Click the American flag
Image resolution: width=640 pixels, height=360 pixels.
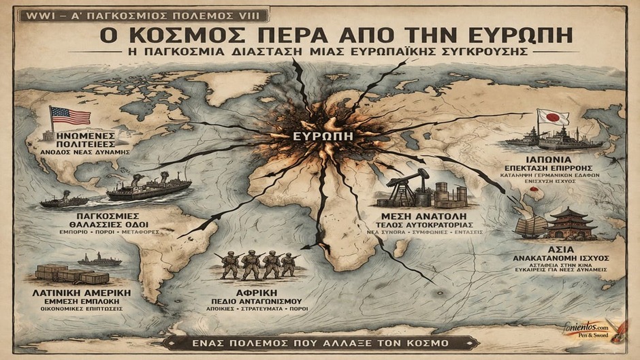[69, 116]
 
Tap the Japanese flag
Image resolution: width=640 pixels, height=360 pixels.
[553, 117]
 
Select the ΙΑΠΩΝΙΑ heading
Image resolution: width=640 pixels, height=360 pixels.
[552, 158]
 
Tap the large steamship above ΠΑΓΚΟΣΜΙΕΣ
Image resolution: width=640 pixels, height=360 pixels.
[148, 187]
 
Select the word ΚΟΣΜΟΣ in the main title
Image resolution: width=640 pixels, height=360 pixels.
[180, 33]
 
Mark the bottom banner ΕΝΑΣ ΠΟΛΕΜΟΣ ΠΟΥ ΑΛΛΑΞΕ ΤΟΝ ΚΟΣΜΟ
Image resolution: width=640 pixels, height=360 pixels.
[319, 342]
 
